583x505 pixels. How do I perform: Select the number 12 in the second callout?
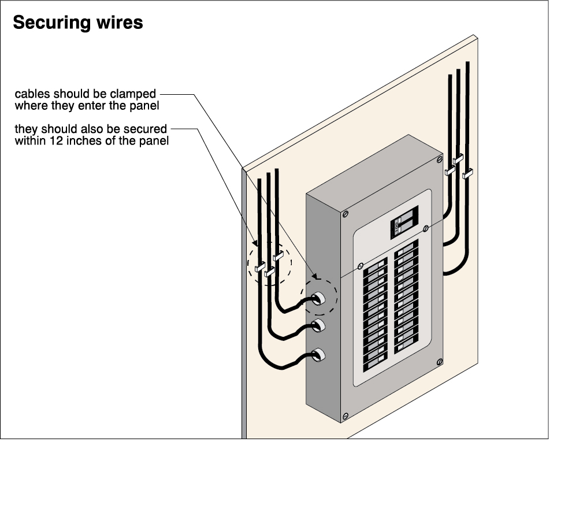57,140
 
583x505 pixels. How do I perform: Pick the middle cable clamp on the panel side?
317,325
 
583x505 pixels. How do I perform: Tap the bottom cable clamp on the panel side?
317,355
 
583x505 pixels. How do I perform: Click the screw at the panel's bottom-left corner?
346,415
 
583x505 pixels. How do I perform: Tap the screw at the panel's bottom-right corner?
440,362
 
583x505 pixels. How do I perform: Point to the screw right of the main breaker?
426,229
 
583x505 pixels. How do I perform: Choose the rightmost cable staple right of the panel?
467,172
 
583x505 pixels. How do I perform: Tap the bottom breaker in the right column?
406,346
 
